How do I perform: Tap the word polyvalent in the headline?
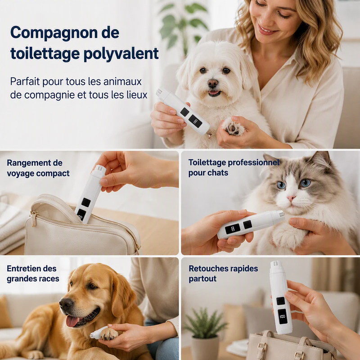point(121,54)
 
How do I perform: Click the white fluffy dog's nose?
point(213,83)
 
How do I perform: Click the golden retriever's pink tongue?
point(72,321)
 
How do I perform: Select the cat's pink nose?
point(291,198)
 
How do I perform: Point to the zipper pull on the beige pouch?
point(33,219)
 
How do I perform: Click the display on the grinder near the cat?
point(232,229)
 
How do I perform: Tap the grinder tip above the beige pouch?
point(100,168)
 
